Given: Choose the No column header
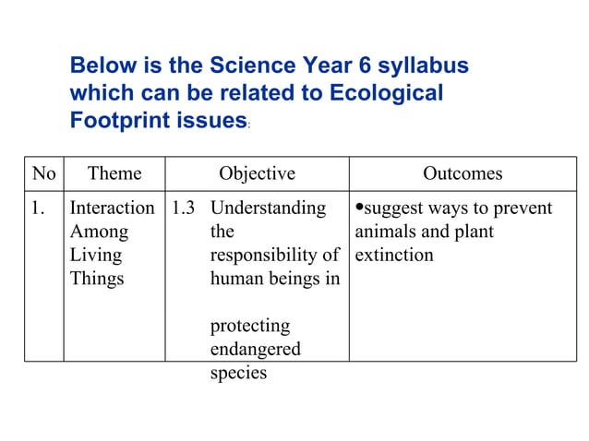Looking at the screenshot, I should pyautogui.click(x=43, y=173).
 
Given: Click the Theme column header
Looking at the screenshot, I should pyautogui.click(x=114, y=173).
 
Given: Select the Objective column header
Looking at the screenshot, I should pyautogui.click(x=257, y=173).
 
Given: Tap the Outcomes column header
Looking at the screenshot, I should pyautogui.click(x=463, y=173).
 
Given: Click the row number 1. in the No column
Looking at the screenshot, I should pyautogui.click(x=40, y=208).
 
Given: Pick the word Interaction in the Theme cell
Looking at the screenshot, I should pyautogui.click(x=113, y=208).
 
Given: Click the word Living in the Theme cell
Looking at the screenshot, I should pyautogui.click(x=92, y=255).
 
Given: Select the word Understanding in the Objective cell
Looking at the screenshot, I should pyautogui.click(x=268, y=208).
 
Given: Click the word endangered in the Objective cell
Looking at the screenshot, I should pyautogui.click(x=256, y=349).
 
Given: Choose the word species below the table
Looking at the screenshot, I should pyautogui.click(x=239, y=373).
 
